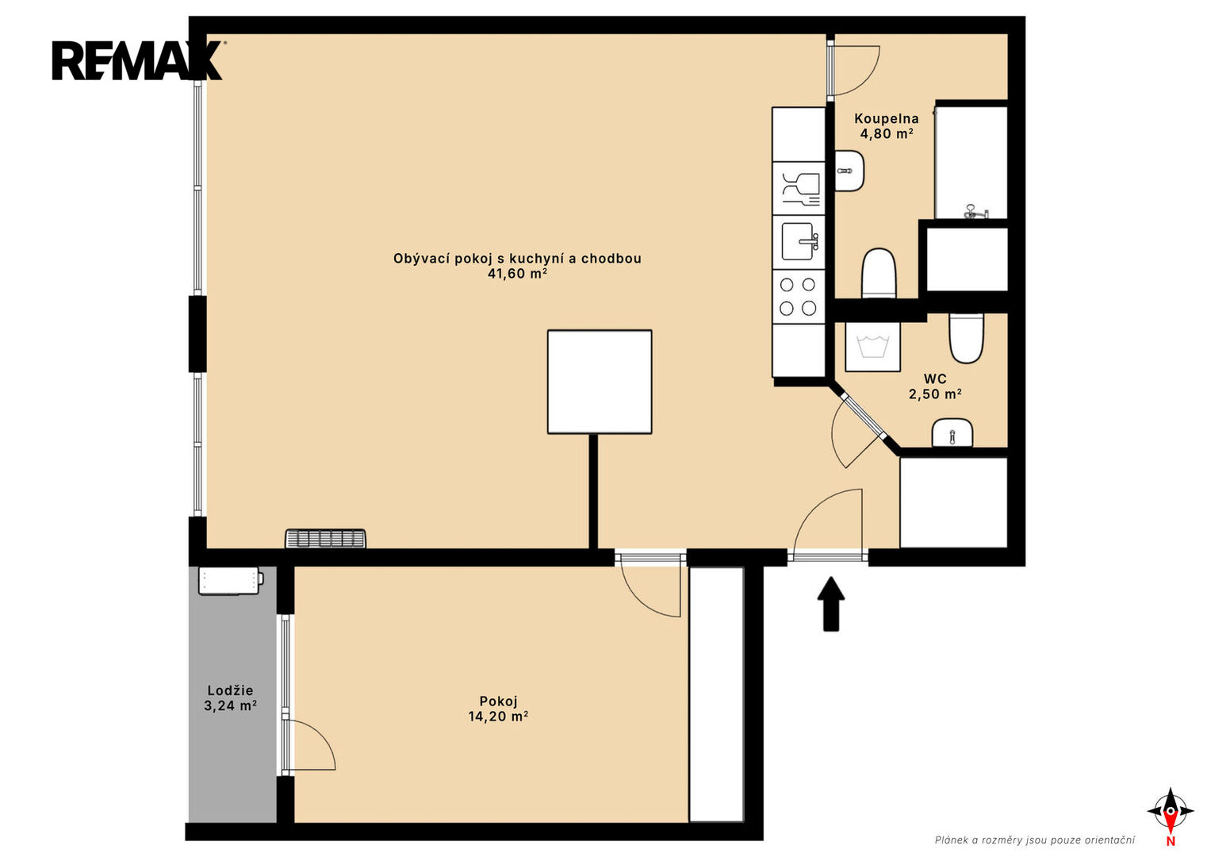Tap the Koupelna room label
(886, 118)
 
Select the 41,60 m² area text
(517, 274)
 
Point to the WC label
(935, 379)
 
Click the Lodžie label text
(230, 690)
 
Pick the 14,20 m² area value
(498, 717)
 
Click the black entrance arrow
(830, 604)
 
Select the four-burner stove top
(798, 297)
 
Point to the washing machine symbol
(872, 347)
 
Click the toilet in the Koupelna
(879, 273)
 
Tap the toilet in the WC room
(967, 337)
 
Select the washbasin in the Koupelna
(849, 171)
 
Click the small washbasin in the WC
(952, 432)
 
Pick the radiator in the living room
(325, 538)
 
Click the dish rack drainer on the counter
(801, 189)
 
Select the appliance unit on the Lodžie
(231, 581)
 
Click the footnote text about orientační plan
(1035, 840)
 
